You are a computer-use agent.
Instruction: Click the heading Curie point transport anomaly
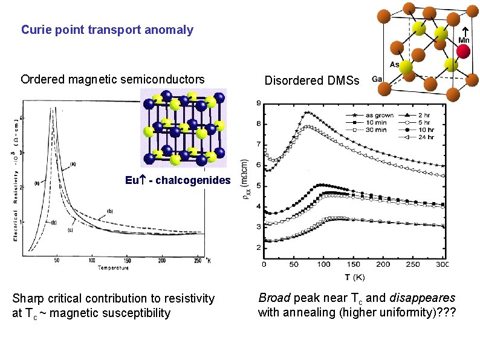[107, 29]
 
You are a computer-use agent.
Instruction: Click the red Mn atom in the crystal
[463, 51]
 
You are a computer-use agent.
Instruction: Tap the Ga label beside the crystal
[377, 79]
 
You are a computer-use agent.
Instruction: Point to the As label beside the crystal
[394, 63]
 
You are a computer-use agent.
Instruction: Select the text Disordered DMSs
[312, 80]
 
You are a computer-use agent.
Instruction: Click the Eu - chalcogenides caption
[178, 180]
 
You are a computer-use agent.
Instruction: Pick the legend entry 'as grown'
[380, 115]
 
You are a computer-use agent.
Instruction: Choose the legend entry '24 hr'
[434, 137]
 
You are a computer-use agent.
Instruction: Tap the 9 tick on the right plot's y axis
[259, 103]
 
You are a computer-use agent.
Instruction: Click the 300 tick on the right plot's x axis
[442, 264]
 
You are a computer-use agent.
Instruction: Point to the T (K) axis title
[354, 277]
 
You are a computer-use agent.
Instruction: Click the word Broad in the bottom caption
[273, 298]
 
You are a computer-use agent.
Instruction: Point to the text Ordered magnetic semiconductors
[112, 79]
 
